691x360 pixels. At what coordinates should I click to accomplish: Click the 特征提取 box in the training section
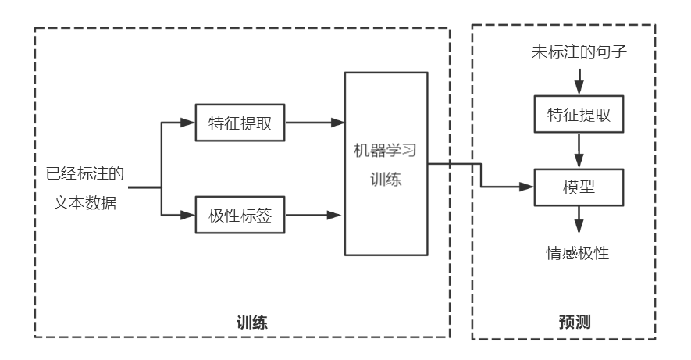tap(240, 123)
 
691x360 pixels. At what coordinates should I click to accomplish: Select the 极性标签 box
tap(240, 215)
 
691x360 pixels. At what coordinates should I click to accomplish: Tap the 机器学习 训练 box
tap(386, 163)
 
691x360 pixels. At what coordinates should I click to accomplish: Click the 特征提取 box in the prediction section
tap(578, 114)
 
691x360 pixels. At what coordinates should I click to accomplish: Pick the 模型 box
tap(578, 187)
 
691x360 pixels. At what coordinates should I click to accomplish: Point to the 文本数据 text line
tap(86, 202)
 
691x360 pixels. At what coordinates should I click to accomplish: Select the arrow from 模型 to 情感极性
tap(578, 219)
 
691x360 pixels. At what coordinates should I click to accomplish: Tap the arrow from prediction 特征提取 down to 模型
tap(578, 149)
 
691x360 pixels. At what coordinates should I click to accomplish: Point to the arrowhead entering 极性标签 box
tap(187, 215)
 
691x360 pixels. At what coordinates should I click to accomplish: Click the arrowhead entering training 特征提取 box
tap(187, 123)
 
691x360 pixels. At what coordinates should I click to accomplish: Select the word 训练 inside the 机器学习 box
tap(386, 179)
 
